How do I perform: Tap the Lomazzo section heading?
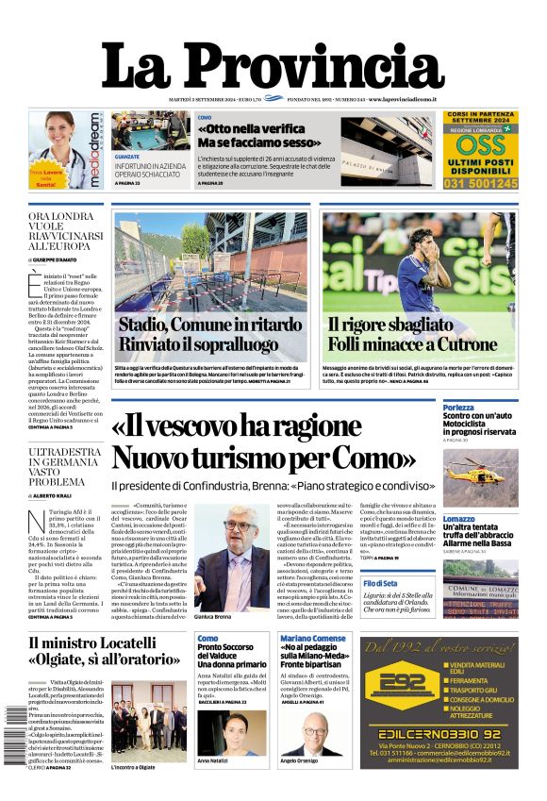coord(459,519)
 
